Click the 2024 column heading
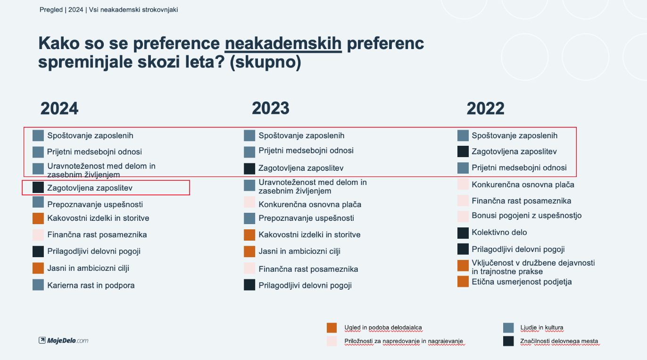59,109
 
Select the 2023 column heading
270,109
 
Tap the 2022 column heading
486,109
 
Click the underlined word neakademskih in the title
283,43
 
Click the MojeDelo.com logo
64,340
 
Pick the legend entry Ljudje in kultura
541,327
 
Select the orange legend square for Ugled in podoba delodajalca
332,328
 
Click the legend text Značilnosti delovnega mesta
559,341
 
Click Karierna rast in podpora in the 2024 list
91,285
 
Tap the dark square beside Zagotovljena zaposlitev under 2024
38,187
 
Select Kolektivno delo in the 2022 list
499,232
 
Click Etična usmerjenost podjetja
522,282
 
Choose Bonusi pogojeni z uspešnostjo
527,216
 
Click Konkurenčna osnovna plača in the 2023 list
310,205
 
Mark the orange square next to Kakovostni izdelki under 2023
249,235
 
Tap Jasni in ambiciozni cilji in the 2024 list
88,268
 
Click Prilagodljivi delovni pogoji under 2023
305,285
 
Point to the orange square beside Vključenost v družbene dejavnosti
463,266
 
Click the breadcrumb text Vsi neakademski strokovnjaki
133,10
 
